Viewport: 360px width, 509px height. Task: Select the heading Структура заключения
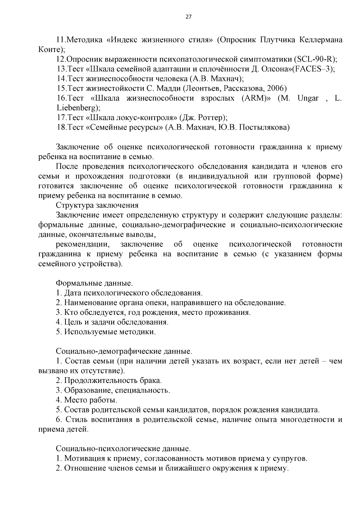point(97,205)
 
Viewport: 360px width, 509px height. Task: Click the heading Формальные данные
point(94,283)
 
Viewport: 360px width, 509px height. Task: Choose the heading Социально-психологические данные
point(123,449)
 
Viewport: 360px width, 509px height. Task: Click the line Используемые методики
point(109,332)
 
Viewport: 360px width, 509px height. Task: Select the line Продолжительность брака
point(112,381)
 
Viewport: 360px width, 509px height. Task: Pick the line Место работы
point(90,400)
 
